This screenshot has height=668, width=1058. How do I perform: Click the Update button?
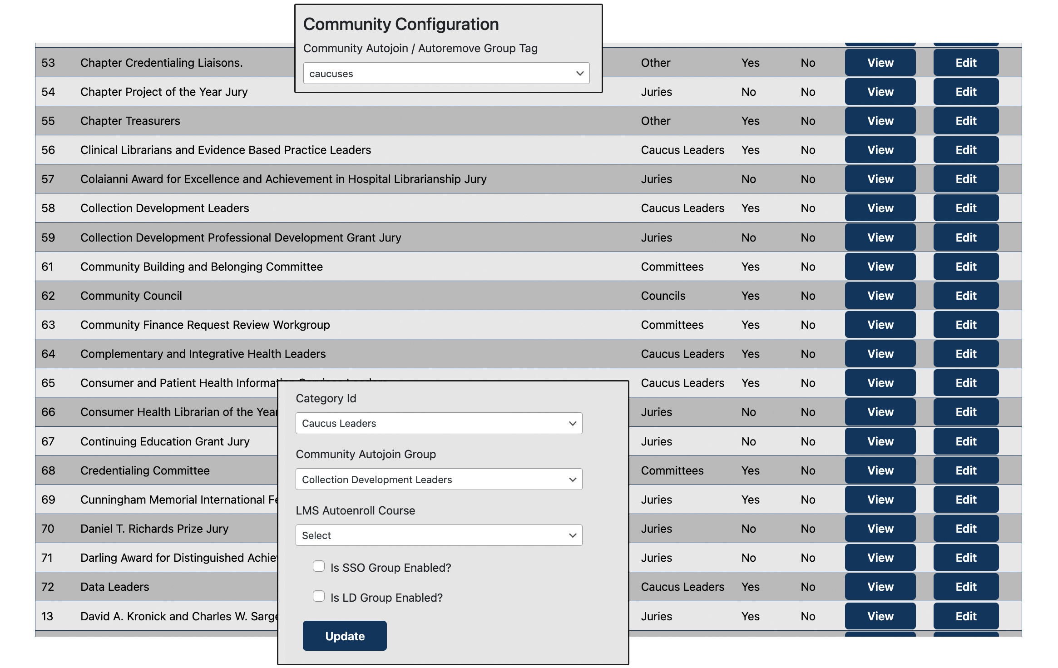pyautogui.click(x=344, y=636)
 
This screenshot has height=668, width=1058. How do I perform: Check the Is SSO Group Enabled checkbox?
pyautogui.click(x=319, y=566)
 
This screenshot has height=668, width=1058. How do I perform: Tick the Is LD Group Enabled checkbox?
pyautogui.click(x=319, y=596)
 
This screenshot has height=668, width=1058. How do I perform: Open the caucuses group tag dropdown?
pyautogui.click(x=446, y=74)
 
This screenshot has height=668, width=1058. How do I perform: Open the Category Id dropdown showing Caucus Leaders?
pyautogui.click(x=439, y=423)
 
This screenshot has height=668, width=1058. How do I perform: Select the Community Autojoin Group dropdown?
pyautogui.click(x=439, y=480)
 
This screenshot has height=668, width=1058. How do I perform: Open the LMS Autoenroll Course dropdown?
pyautogui.click(x=439, y=535)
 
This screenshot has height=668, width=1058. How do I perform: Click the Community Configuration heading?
pyautogui.click(x=400, y=24)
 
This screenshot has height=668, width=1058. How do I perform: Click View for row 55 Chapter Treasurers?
pyautogui.click(x=880, y=121)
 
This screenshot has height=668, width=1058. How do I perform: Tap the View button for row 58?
pyautogui.click(x=880, y=208)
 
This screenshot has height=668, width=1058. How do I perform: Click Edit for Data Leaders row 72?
pyautogui.click(x=965, y=587)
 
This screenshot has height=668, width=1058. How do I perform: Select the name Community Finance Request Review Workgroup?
pyautogui.click(x=205, y=325)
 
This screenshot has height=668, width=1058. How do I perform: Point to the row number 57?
pyautogui.click(x=48, y=179)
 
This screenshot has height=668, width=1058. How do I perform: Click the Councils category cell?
pyautogui.click(x=663, y=296)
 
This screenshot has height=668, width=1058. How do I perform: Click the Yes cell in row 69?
pyautogui.click(x=750, y=500)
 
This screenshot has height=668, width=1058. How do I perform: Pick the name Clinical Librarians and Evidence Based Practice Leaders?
pyautogui.click(x=225, y=150)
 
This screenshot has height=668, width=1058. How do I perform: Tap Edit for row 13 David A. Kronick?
pyautogui.click(x=965, y=616)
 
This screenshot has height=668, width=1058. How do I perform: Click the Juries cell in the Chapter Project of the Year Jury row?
pyautogui.click(x=656, y=92)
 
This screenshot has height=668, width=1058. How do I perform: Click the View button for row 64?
pyautogui.click(x=880, y=354)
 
